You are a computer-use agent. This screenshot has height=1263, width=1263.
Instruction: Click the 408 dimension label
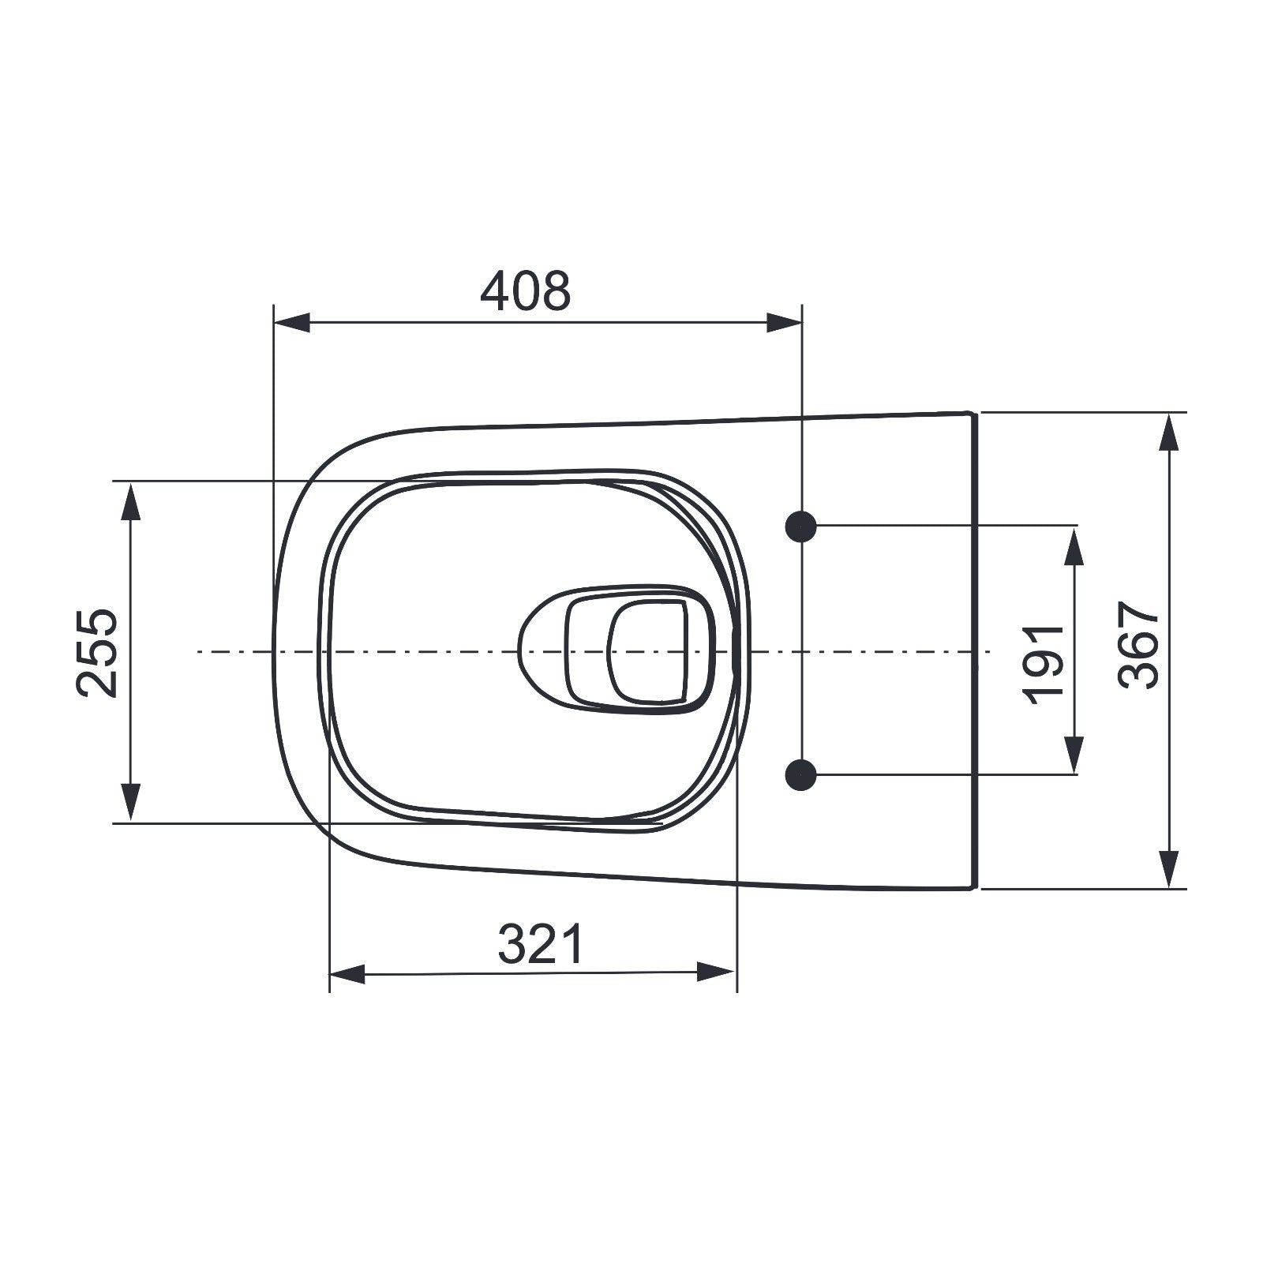click(525, 290)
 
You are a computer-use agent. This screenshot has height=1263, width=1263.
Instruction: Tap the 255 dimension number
click(98, 652)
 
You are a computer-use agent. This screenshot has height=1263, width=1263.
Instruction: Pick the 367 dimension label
click(1138, 645)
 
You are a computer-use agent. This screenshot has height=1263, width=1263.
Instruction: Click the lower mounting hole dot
click(801, 775)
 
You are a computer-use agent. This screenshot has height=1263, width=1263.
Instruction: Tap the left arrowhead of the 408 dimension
click(290, 322)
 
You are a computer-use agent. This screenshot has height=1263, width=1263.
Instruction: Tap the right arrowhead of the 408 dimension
click(784, 322)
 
